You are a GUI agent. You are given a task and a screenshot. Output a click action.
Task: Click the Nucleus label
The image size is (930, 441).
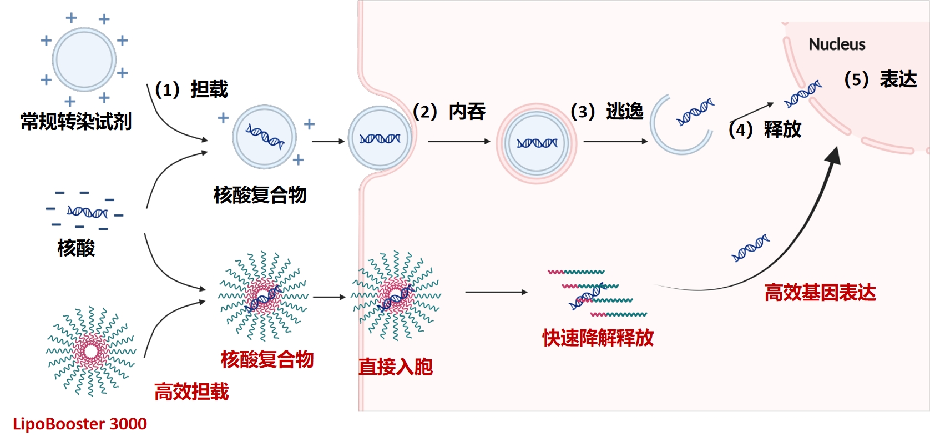point(836,44)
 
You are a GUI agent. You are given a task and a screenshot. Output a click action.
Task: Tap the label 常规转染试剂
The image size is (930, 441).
point(76,121)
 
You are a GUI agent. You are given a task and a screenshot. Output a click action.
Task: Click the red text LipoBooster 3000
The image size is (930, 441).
point(79,424)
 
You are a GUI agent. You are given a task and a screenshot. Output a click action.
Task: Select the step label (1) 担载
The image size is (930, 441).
point(191,89)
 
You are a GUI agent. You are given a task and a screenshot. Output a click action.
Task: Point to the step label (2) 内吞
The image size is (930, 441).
point(449,112)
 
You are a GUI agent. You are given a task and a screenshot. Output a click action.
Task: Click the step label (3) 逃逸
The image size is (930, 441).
point(606,112)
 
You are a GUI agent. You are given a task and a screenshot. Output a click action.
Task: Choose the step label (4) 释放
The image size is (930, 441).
point(765,129)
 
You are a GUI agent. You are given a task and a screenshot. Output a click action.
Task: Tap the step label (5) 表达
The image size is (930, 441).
point(880,79)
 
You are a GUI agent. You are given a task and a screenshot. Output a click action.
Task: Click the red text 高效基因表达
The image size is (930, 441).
point(820,293)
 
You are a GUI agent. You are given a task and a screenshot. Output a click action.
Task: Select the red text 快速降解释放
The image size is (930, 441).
point(598,338)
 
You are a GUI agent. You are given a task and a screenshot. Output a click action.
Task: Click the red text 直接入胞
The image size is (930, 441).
point(395,367)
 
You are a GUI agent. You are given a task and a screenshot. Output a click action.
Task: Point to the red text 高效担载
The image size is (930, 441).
point(191,392)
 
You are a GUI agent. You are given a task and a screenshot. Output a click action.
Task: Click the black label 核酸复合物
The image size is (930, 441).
point(260,195)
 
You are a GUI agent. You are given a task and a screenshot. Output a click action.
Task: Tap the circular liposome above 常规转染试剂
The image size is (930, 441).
point(84,59)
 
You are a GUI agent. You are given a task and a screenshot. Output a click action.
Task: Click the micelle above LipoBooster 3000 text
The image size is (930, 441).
point(90,350)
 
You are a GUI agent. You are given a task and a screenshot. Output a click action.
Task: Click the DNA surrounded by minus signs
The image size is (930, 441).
point(87,212)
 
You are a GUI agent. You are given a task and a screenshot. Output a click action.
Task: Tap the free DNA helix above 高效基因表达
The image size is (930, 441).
point(750,248)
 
